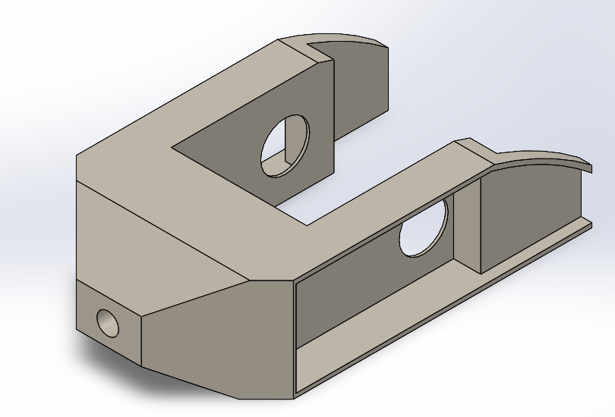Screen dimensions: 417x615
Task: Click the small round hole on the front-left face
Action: click(x=108, y=323)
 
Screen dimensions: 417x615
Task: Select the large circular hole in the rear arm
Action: click(x=285, y=146)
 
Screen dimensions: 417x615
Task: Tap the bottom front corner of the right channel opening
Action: click(x=295, y=396)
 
